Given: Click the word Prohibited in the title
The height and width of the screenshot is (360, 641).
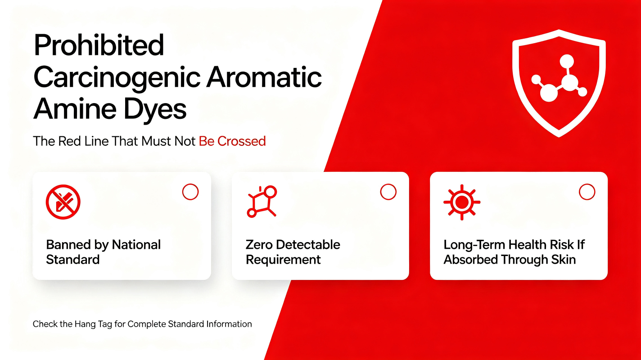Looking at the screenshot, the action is tap(99, 45).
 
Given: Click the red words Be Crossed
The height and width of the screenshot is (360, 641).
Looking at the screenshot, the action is tap(232, 141).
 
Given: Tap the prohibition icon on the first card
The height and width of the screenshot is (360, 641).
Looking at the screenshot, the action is tap(63, 202).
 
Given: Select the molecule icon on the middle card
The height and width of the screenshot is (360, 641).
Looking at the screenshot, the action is tap(262, 202).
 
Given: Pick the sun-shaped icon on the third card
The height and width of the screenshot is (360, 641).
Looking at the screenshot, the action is tap(461, 202).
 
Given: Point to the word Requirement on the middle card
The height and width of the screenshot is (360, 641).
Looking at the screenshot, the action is tap(283, 260).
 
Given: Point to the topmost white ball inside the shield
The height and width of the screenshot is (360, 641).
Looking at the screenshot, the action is tap(567, 61).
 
